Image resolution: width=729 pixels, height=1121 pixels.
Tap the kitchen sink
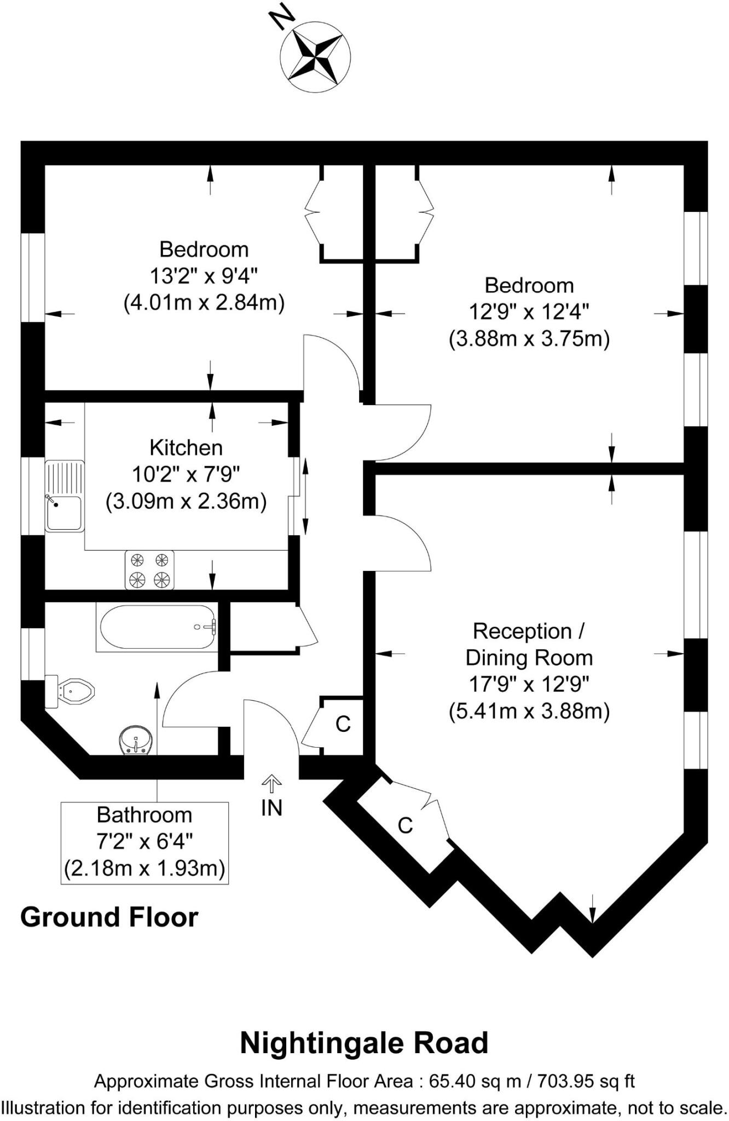click(x=65, y=496)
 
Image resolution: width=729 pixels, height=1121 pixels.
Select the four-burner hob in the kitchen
click(x=149, y=570)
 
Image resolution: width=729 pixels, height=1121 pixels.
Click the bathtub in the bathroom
click(x=157, y=627)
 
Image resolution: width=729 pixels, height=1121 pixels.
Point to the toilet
click(x=70, y=692)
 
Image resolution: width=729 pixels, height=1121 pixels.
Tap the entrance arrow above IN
click(x=271, y=784)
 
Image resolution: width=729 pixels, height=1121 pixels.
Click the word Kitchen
click(x=186, y=448)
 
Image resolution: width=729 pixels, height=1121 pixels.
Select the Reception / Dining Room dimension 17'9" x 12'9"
click(x=529, y=684)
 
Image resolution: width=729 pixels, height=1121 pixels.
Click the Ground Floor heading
click(x=109, y=917)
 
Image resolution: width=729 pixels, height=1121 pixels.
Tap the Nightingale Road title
click(x=364, y=1043)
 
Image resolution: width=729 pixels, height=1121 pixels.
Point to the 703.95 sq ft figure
click(x=586, y=1081)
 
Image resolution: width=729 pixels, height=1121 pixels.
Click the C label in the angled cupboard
click(x=405, y=825)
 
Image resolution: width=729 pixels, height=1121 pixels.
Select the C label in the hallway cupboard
click(x=343, y=724)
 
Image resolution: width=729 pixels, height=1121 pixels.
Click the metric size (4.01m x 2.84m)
click(x=204, y=303)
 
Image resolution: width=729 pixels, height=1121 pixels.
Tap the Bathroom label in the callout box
click(x=144, y=815)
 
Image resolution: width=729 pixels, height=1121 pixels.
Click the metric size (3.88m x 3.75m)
click(x=529, y=339)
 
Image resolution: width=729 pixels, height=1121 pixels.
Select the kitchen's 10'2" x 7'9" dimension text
click(x=186, y=475)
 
